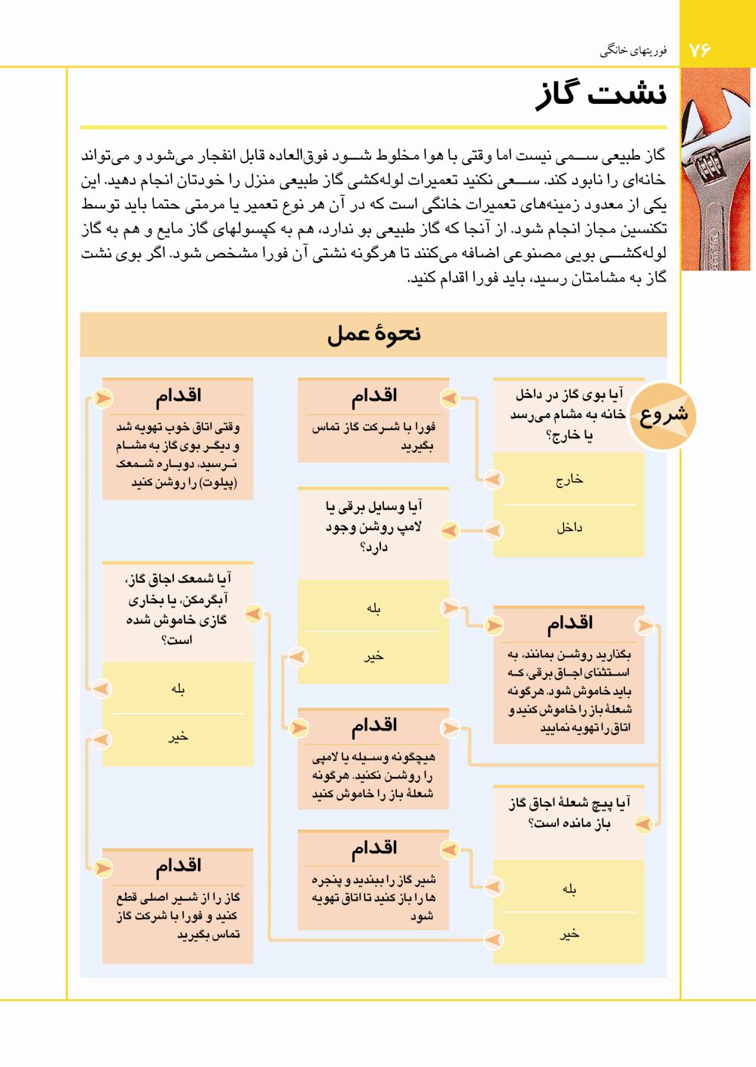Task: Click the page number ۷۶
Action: [700, 50]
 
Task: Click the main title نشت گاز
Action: [601, 96]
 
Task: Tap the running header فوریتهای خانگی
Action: [633, 51]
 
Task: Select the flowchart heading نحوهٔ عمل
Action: [373, 334]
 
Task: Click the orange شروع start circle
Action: [663, 415]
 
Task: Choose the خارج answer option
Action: [569, 480]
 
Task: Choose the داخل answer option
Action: [569, 528]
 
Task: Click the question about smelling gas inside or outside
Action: [569, 415]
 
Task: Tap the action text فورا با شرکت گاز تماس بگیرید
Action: [373, 436]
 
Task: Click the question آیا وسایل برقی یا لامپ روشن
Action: [373, 526]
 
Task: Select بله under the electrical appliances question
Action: [373, 608]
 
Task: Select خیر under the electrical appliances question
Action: [373, 657]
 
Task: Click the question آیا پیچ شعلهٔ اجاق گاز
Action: [569, 813]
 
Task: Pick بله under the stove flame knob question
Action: [569, 889]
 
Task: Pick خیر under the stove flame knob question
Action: [569, 934]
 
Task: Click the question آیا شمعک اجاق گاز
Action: [178, 609]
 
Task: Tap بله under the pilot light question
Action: [178, 688]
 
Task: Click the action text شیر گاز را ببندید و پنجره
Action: [373, 898]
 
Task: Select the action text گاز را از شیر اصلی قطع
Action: [178, 916]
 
